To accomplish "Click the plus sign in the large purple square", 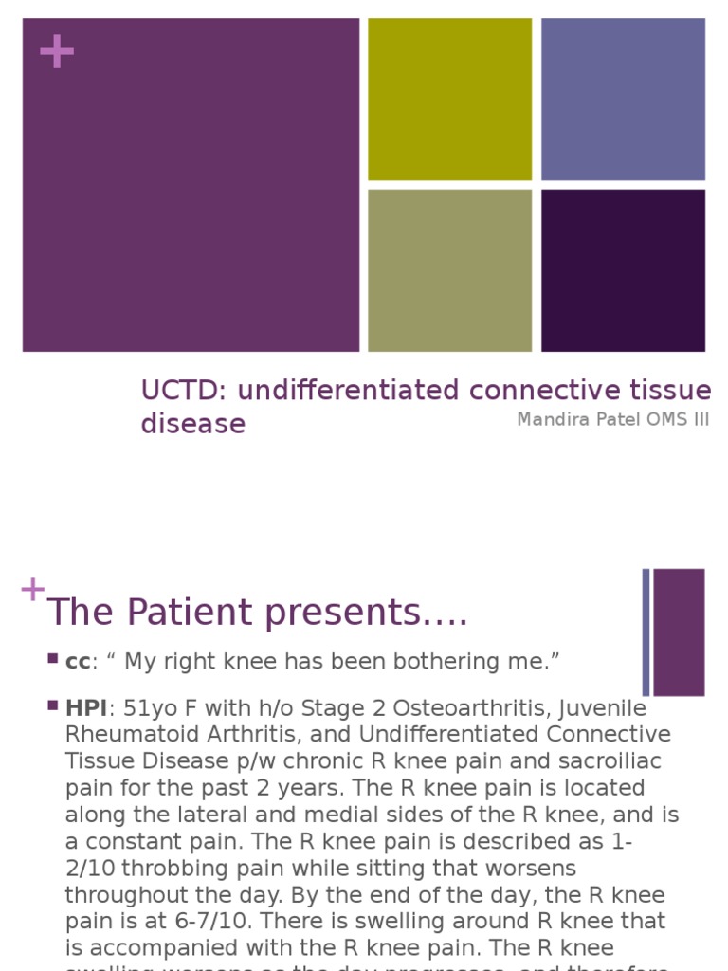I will (57, 52).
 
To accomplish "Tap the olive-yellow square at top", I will (449, 99).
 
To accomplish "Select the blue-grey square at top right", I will (623, 99).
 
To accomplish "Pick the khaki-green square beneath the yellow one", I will (449, 270).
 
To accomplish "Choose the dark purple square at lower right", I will (623, 270).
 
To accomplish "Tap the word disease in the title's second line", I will (192, 423).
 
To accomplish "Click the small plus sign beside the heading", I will (32, 589).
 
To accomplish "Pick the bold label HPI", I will (86, 708).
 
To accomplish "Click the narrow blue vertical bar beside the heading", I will (646, 632).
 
